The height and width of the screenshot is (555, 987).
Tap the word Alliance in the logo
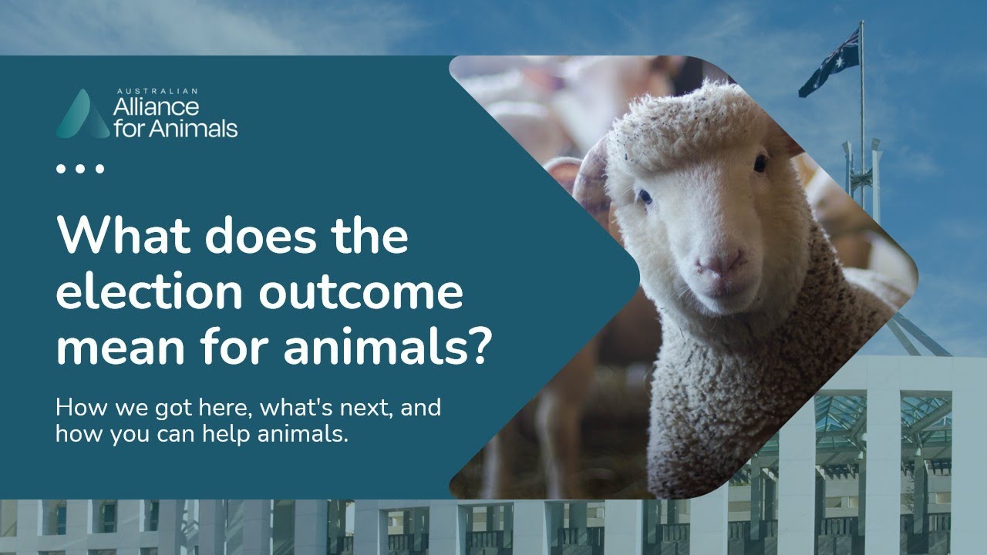point(157,106)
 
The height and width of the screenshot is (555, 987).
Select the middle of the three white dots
point(80,168)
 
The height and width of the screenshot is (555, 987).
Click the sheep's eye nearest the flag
point(760,163)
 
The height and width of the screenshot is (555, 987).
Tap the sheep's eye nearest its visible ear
point(644,197)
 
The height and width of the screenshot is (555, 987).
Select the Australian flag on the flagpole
point(830,63)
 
